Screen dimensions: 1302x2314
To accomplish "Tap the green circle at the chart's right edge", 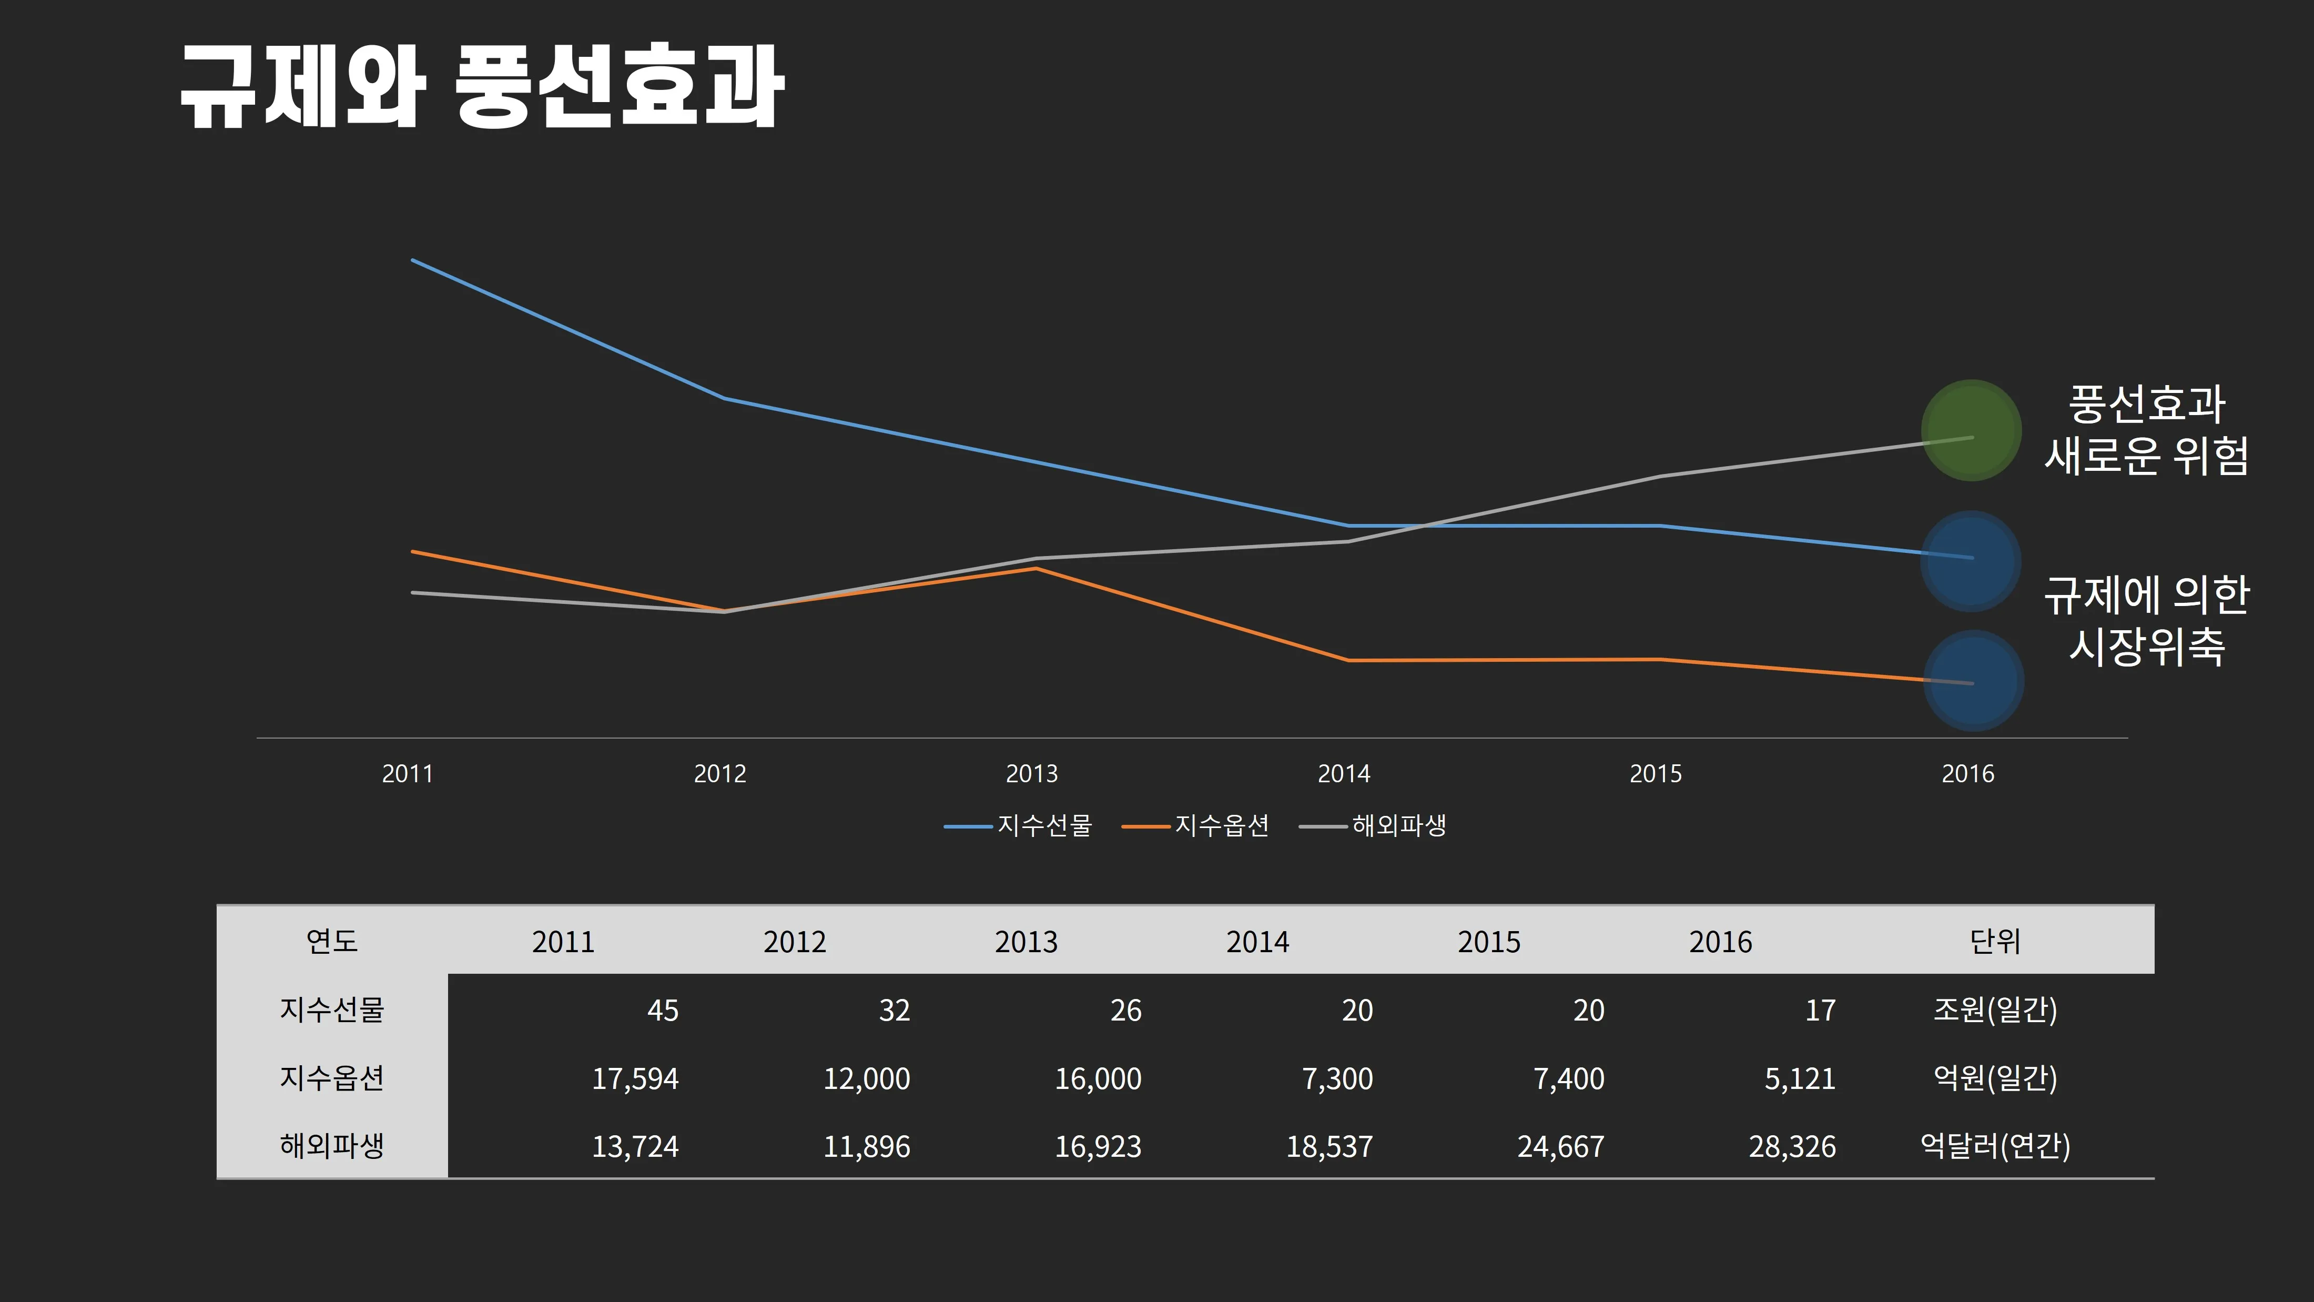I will [1971, 430].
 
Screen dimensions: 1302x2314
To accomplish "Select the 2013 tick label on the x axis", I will [1031, 774].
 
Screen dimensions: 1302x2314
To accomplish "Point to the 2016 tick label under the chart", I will [1967, 774].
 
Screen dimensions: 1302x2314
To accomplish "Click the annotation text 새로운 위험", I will [2146, 456].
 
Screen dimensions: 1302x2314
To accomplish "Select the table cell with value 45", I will [663, 1010].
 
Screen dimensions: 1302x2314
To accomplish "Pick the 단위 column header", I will [1994, 941].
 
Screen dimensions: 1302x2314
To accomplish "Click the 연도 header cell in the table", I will [331, 941].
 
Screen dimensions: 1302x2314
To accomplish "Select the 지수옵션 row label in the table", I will [331, 1077].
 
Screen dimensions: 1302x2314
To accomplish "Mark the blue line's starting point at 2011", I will [412, 260].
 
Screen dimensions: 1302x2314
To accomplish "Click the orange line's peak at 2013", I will [1036, 568].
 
